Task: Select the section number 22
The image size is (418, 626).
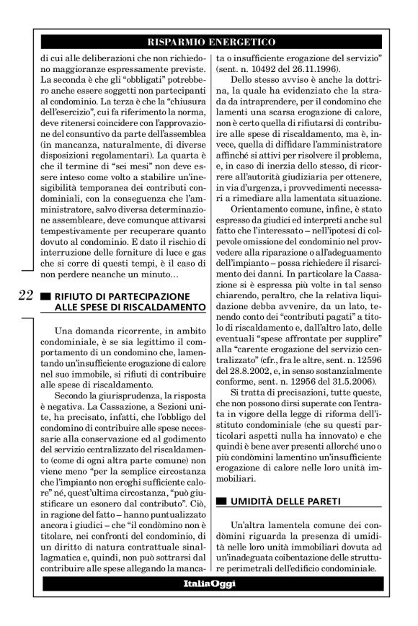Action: point(26,295)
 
